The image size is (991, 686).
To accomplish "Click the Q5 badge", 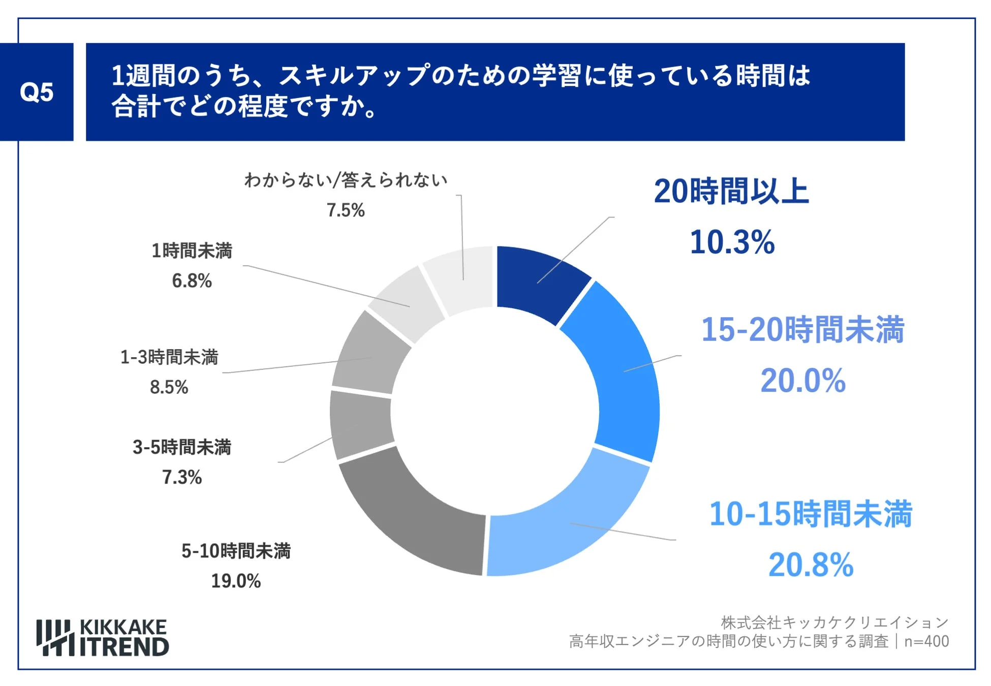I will [37, 92].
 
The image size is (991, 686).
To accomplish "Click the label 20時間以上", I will [731, 192].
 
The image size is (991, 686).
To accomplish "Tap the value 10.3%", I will [732, 242].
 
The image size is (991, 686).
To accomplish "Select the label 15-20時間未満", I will [802, 330].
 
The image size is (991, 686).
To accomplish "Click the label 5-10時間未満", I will [236, 551].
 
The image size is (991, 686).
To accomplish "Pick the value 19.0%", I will [236, 581].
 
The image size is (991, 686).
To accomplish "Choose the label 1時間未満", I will [192, 251].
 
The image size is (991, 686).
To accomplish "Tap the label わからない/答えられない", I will [346, 180].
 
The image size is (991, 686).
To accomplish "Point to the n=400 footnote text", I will [926, 641].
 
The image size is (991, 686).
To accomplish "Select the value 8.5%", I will [169, 387].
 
